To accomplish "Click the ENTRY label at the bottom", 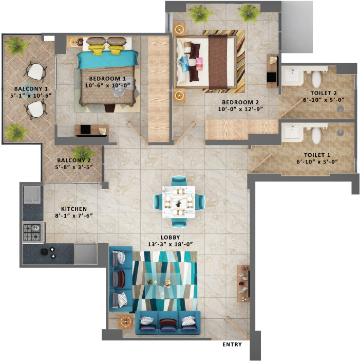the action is [x=232, y=344].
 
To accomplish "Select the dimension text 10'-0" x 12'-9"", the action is [x=240, y=108].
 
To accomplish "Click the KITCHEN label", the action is [x=74, y=209].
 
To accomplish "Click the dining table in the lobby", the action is [x=179, y=202].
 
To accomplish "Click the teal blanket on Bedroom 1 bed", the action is [x=107, y=60].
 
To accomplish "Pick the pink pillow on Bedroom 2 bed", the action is [x=199, y=64].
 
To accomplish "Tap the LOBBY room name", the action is [x=170, y=238].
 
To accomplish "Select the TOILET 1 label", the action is [x=317, y=155].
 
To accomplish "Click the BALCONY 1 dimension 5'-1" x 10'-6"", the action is [x=31, y=95].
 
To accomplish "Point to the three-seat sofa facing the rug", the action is [x=167, y=323].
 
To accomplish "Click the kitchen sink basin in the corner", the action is [x=32, y=194].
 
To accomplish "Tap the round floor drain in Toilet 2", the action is [x=340, y=108].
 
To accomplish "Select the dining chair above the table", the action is [x=179, y=180].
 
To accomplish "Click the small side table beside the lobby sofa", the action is [x=126, y=321].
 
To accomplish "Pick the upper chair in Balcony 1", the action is [x=35, y=71].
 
